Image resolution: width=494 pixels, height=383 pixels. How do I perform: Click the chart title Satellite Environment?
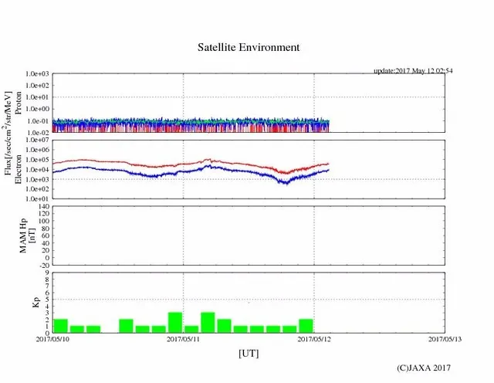(x=249, y=47)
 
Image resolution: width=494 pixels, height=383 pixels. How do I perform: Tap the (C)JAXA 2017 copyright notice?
(x=424, y=368)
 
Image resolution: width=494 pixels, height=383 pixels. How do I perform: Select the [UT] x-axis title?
(x=249, y=353)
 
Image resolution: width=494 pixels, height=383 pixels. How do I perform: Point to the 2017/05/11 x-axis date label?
(x=183, y=339)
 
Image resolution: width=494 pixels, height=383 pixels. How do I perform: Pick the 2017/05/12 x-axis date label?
(x=313, y=339)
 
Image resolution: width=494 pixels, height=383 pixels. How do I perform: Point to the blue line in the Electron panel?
(x=154, y=175)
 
